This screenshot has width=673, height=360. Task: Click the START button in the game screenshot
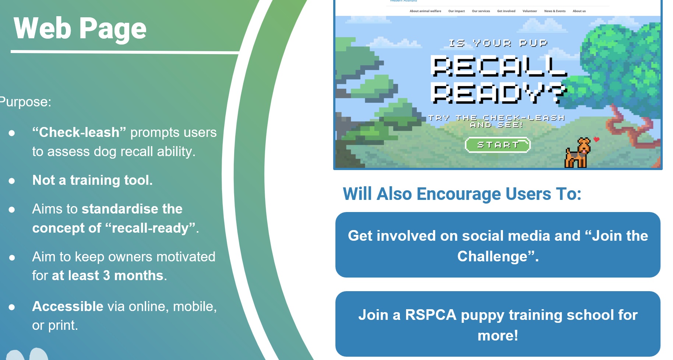[498, 145]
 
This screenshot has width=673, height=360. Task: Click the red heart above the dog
[596, 139]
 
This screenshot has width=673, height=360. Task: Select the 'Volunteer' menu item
[529, 11]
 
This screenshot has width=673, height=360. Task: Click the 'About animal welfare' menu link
[425, 11]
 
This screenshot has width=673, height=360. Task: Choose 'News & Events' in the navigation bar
[555, 11]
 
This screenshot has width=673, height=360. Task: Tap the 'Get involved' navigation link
[506, 11]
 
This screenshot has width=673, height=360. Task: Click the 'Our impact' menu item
[457, 11]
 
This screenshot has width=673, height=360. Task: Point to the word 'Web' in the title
[42, 28]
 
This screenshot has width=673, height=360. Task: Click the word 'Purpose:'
[25, 102]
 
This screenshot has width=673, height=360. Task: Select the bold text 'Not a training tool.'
[92, 180]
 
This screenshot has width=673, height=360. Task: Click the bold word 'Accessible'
[68, 306]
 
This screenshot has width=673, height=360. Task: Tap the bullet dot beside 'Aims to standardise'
[12, 210]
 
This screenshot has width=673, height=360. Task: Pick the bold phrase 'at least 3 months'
[108, 275]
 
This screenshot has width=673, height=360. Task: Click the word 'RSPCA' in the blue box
[431, 315]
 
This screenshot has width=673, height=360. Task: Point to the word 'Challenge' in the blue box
[492, 256]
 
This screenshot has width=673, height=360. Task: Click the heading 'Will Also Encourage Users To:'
[462, 194]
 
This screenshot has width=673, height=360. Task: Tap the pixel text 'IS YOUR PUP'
[498, 43]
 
